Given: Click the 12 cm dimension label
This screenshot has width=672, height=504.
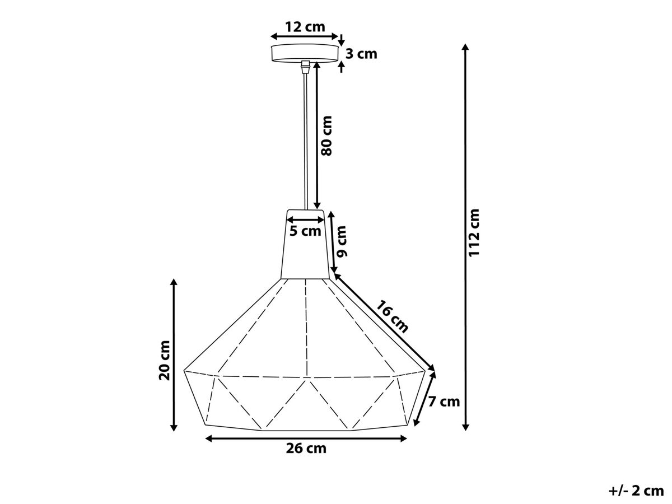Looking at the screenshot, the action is point(305,27).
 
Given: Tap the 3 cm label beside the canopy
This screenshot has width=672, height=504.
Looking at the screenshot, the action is point(361,54).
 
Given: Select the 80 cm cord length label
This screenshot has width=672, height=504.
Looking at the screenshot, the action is point(326,136).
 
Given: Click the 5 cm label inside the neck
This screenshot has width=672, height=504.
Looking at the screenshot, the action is point(305,231).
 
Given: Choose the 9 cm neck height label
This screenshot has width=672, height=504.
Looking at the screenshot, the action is point(342,241).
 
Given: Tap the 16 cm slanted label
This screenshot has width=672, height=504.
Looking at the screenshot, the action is point(392,317).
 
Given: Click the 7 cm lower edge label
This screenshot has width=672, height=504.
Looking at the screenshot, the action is point(444,402).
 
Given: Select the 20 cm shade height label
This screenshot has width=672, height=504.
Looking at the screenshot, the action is point(165,360).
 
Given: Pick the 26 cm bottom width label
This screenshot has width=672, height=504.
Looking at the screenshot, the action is point(306,449).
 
